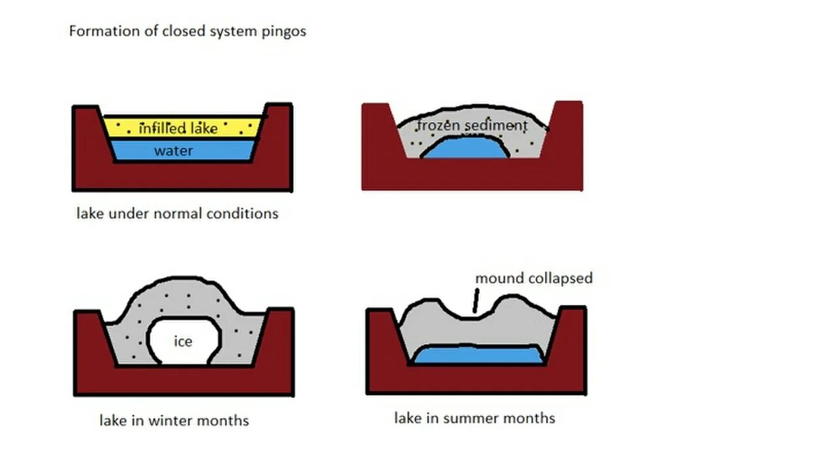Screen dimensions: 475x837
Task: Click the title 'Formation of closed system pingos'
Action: point(188,31)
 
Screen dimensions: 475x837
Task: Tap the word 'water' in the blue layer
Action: point(174,151)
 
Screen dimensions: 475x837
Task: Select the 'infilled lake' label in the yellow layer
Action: point(178,128)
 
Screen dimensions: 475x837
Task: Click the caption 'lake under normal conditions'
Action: point(177,213)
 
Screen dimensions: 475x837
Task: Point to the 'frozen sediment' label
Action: point(471,125)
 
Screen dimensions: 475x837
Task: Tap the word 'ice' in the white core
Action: point(182,341)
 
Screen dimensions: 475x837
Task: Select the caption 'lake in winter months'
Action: point(174,420)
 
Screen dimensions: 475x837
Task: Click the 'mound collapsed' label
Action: point(534,278)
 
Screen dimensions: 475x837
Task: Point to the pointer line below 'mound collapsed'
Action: point(475,302)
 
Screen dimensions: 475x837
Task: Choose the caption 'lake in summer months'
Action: point(474,418)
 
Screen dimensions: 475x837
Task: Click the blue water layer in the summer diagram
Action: point(477,356)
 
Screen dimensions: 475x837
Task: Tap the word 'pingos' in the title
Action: point(285,31)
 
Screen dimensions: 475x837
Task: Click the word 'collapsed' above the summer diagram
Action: point(561,278)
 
